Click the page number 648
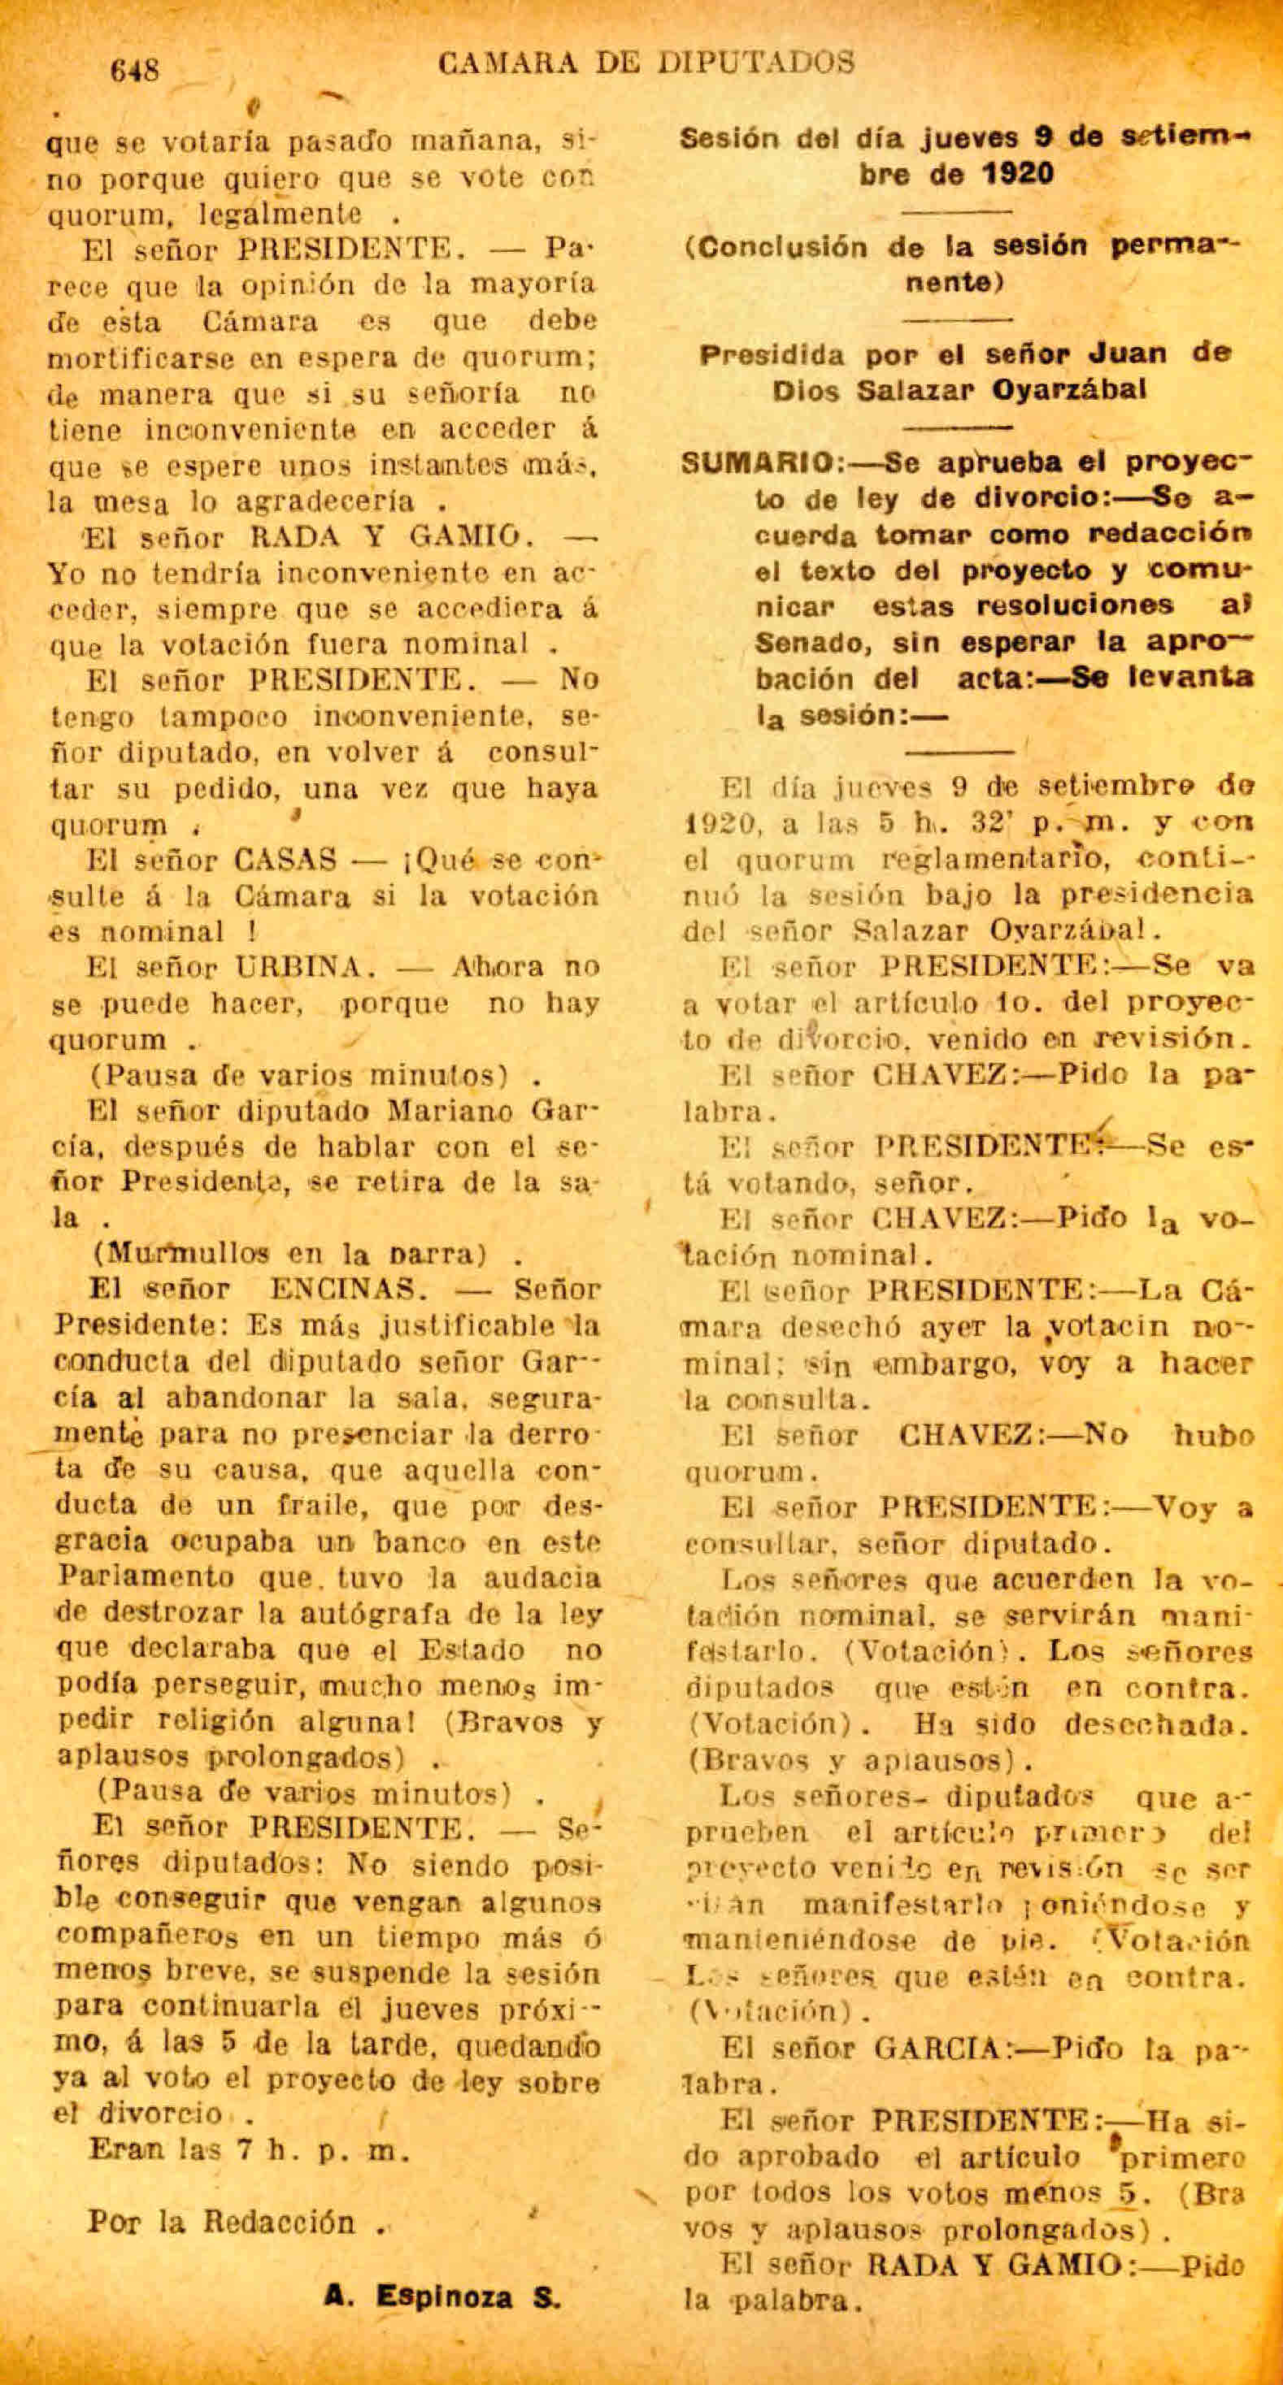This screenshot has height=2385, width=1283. coord(135,71)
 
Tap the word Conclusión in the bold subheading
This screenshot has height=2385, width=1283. coord(789,247)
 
